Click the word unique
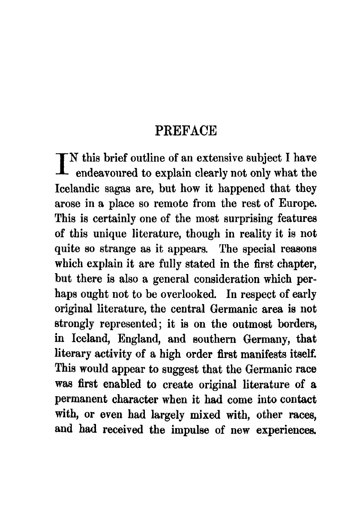click(103, 234)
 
